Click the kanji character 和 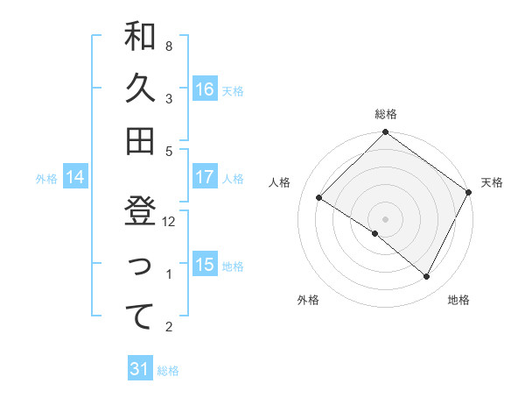pyautogui.click(x=140, y=36)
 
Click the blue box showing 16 pyautogui.click(x=205, y=89)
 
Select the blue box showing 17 pyautogui.click(x=205, y=177)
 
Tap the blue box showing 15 pyautogui.click(x=205, y=265)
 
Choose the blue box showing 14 pyautogui.click(x=75, y=178)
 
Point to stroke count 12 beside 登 pyautogui.click(x=170, y=222)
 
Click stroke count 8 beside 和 pyautogui.click(x=169, y=45)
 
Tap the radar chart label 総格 pyautogui.click(x=386, y=114)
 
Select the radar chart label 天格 pyautogui.click(x=492, y=182)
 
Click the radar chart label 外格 pyautogui.click(x=308, y=300)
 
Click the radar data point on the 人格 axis pyautogui.click(x=319, y=198)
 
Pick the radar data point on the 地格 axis pyautogui.click(x=427, y=277)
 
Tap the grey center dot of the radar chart pyautogui.click(x=385, y=218)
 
